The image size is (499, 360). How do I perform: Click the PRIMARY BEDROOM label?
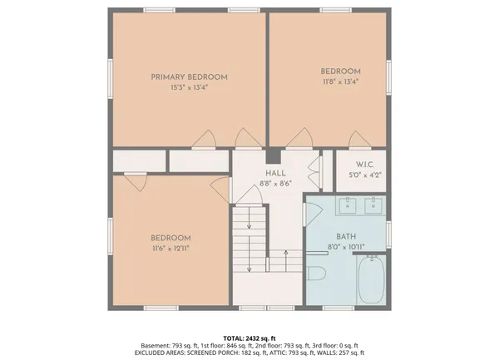pos(189,77)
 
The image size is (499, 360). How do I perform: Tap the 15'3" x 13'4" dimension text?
pos(189,87)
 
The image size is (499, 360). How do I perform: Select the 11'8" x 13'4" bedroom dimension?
pos(340,81)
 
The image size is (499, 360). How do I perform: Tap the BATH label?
pos(345,236)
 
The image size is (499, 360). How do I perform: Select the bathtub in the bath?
pos(370,281)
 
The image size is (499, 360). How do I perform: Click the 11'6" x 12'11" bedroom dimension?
pos(170,248)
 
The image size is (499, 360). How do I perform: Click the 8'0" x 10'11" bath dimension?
pos(345,246)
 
